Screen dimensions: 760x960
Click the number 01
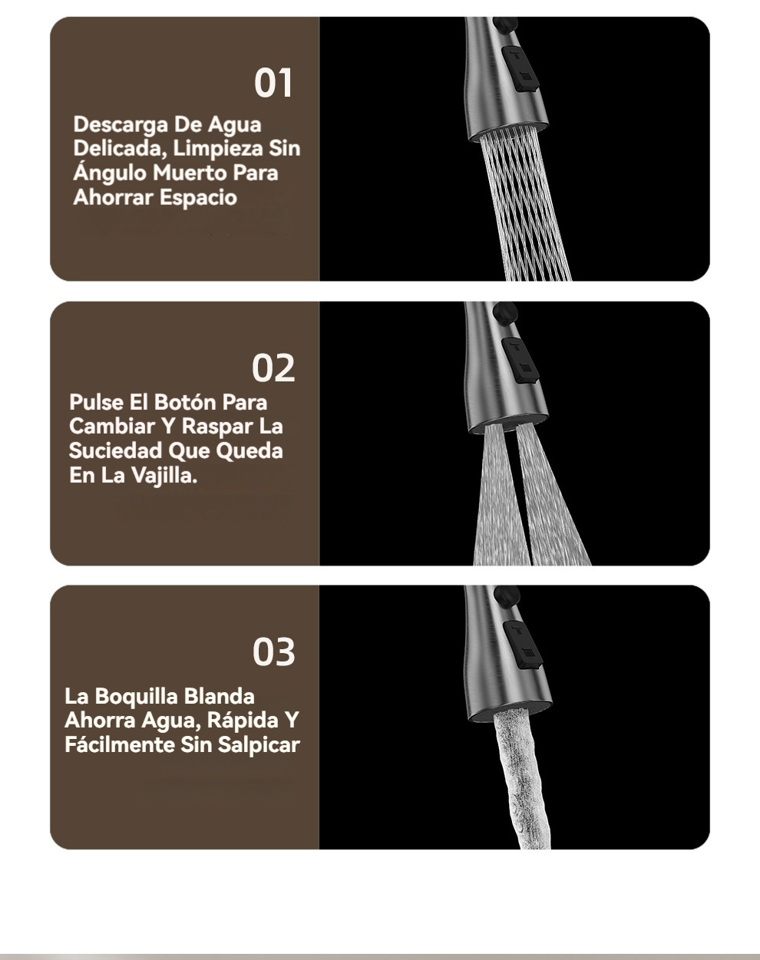[273, 83]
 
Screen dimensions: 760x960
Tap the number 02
[273, 368]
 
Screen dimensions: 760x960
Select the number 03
[273, 652]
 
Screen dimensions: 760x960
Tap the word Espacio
[198, 198]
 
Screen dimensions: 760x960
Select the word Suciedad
[115, 451]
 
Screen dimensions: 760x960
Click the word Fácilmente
[120, 745]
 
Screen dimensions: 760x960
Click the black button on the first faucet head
[520, 69]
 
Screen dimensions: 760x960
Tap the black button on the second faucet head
[520, 360]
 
